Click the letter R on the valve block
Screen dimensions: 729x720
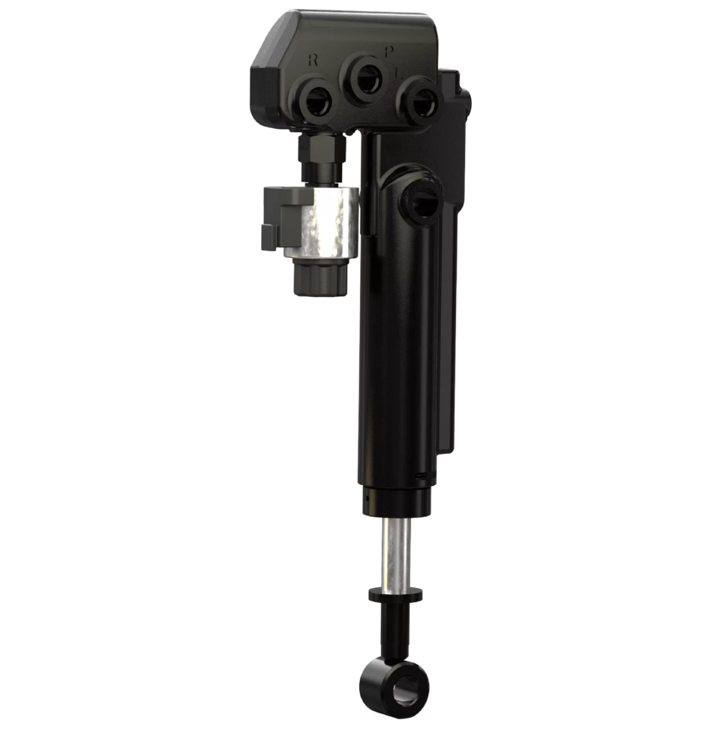click(x=313, y=61)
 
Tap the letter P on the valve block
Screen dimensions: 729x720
click(x=388, y=52)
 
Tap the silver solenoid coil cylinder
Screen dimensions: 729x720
click(x=328, y=223)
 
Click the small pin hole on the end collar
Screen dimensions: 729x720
click(x=367, y=496)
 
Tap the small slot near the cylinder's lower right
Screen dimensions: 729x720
click(x=421, y=475)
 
